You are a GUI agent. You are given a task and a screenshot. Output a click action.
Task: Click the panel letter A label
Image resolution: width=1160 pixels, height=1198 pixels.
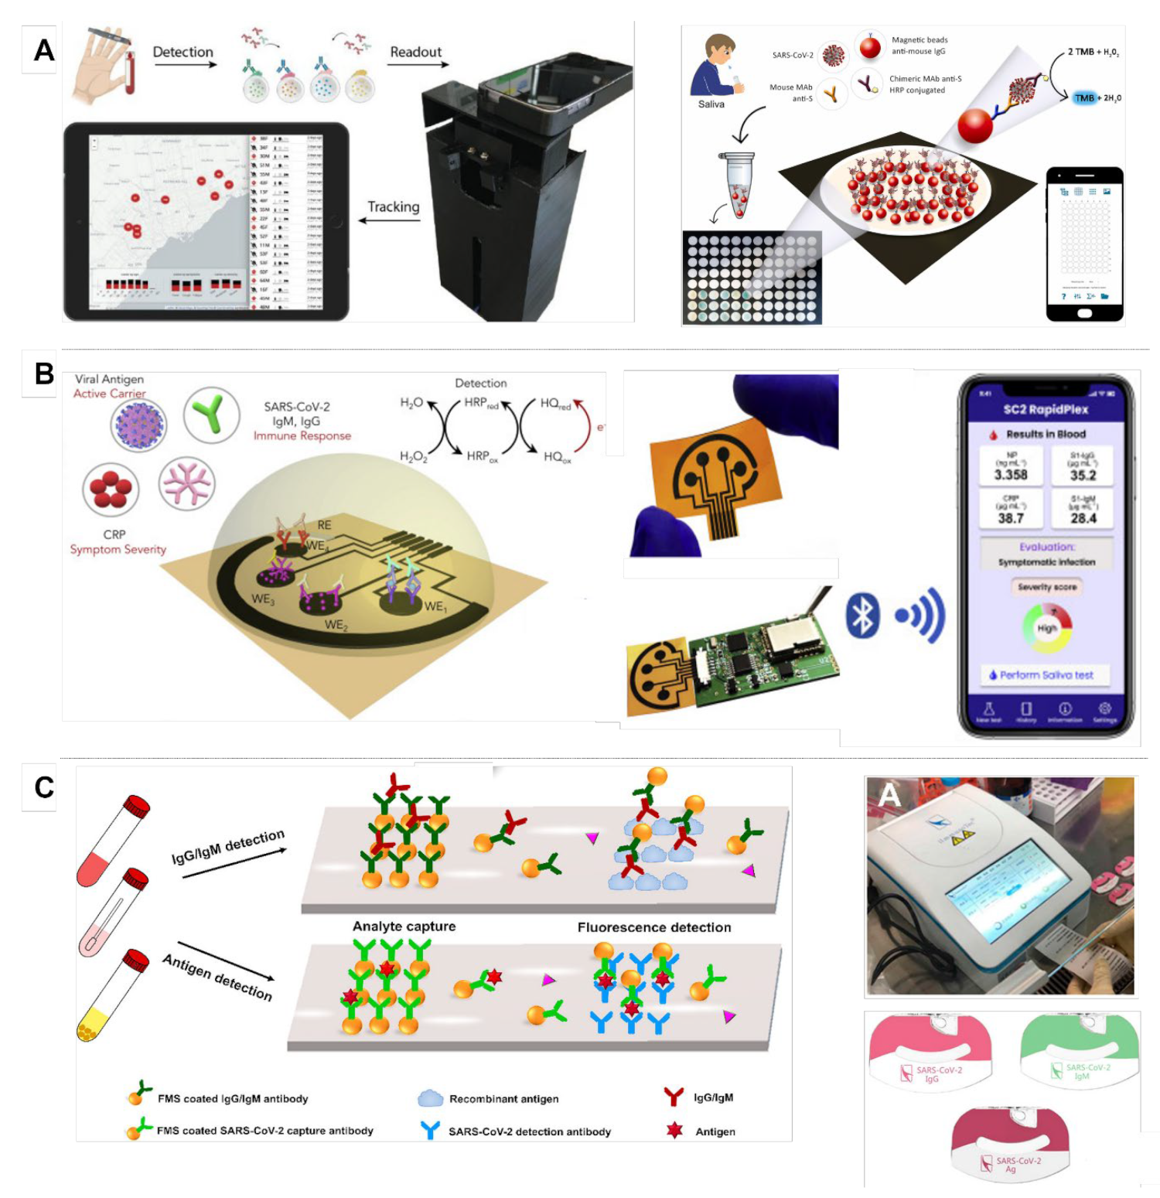[x=43, y=50]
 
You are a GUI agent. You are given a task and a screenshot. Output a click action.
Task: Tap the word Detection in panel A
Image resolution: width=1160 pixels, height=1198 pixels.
[x=183, y=52]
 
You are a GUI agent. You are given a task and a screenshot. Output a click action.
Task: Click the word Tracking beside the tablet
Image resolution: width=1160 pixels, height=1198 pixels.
[x=393, y=207]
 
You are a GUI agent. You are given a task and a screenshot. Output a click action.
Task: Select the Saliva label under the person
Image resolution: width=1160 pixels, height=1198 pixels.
[x=711, y=104]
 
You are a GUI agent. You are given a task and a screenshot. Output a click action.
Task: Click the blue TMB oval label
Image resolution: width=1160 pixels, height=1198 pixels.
[x=1084, y=98]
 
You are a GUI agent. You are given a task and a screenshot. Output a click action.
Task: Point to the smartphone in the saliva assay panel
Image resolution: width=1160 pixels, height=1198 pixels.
[x=1084, y=243]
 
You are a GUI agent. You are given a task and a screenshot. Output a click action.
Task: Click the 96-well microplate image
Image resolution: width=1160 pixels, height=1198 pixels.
[x=751, y=278]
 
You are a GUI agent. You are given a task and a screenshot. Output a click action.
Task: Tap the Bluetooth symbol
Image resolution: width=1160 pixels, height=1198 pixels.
[x=862, y=616]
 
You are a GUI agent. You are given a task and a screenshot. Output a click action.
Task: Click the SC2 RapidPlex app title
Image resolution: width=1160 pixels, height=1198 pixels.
[x=1046, y=409]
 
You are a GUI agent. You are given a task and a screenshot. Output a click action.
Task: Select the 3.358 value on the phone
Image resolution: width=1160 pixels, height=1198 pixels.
[x=1011, y=475]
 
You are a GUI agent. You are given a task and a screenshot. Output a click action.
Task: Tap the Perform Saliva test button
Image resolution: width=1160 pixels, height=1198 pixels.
[x=1046, y=675]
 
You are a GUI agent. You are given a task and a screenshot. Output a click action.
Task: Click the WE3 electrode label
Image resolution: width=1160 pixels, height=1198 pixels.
[x=262, y=599]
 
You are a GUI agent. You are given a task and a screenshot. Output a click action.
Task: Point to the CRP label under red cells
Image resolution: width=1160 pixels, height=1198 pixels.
[x=114, y=534]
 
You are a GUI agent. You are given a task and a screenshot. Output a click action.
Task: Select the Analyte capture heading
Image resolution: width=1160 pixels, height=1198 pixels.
[x=404, y=927]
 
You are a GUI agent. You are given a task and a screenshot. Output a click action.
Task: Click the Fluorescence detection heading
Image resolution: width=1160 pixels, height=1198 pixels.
[x=653, y=927]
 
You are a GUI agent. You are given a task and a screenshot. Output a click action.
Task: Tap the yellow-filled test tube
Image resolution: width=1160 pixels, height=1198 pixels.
[x=113, y=996]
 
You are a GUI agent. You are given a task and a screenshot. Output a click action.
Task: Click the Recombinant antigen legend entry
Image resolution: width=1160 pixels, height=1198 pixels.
[x=503, y=1099]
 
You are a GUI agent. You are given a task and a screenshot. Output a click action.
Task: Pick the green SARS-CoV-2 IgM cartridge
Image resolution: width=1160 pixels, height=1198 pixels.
[x=1080, y=1050]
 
